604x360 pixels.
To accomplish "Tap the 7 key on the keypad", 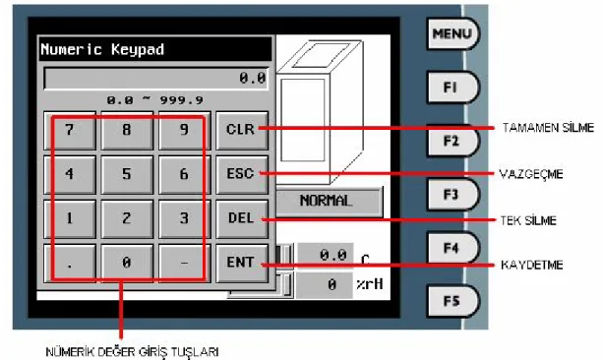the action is [70, 131].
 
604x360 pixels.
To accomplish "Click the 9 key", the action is [185, 131].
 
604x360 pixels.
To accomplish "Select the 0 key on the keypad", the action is [127, 264].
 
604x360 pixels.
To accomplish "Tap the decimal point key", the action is [70, 264].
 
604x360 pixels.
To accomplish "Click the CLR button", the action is [242, 131].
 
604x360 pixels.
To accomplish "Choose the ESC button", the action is [242, 175].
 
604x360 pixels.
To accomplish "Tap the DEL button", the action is [242, 219].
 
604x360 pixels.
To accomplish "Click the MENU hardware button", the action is [453, 33].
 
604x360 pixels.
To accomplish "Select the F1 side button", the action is [453, 88].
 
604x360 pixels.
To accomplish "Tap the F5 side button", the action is [453, 301].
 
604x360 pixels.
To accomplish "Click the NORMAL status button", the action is [330, 202].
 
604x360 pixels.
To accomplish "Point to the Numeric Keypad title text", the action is [102, 49].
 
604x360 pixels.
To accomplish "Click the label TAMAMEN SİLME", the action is [548, 128].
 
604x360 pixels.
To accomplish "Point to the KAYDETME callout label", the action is [532, 265].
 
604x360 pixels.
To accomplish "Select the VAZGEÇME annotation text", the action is [531, 174].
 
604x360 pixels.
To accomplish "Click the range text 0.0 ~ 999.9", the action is [154, 101].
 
